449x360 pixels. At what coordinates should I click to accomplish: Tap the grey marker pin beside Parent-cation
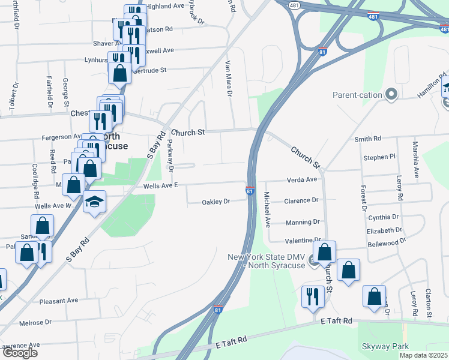392,94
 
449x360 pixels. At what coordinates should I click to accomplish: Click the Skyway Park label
384,346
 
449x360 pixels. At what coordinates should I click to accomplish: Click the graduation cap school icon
94,202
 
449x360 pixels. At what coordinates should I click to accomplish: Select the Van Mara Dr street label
228,79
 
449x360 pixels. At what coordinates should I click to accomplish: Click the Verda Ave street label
302,179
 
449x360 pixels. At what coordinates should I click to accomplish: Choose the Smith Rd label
367,139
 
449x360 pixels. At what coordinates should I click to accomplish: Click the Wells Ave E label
161,186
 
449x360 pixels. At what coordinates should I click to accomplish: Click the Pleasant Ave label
59,300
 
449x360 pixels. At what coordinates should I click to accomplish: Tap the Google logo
20,352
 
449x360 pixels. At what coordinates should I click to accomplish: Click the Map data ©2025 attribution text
423,355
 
